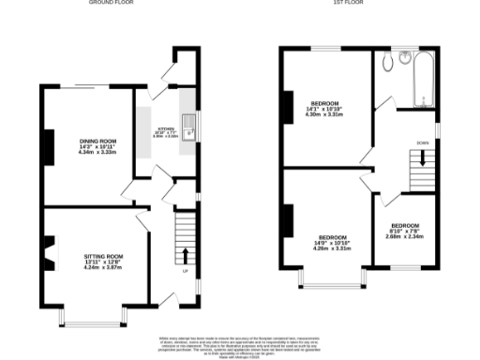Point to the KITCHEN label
point(166,132)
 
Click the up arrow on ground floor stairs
point(185,255)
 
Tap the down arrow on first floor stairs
point(423,158)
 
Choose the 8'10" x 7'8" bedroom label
point(405,231)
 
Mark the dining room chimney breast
point(43,143)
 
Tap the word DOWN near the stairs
point(423,143)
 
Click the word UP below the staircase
point(184,271)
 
